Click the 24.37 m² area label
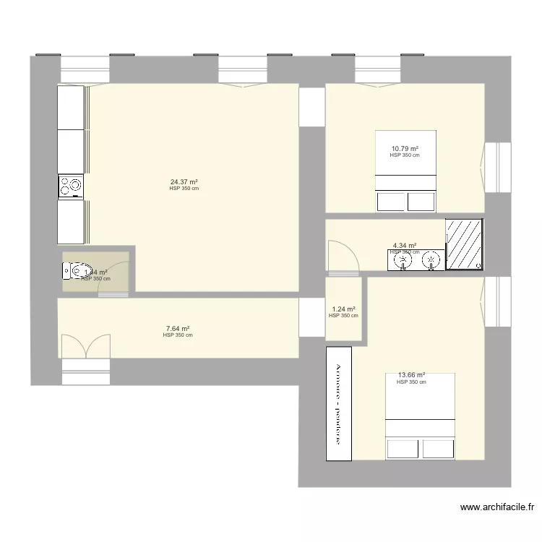click(184, 182)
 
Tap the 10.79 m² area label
click(405, 149)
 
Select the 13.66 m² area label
click(411, 375)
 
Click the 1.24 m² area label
click(343, 309)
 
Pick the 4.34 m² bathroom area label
click(405, 246)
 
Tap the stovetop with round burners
click(70, 186)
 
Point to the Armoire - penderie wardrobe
click(340, 403)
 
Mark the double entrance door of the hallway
click(85, 347)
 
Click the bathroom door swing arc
click(343, 257)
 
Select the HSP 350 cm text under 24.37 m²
click(184, 189)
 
